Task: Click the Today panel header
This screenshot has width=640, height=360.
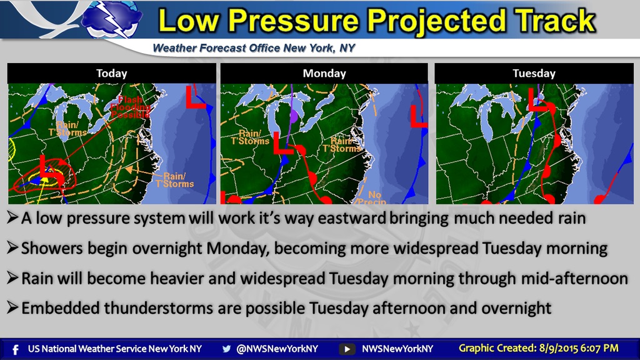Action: coord(111,73)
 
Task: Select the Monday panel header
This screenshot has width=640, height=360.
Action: coord(324,73)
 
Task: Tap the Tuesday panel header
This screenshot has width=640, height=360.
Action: coord(534,73)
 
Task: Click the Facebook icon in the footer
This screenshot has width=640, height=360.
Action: coord(16,349)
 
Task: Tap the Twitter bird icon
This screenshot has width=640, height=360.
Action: coord(226,349)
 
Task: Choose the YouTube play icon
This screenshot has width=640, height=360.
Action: coord(347,349)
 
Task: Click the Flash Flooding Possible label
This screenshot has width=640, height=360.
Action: coord(130,107)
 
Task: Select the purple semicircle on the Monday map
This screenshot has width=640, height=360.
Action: coord(294,116)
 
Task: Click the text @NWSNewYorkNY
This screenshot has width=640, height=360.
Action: coord(277,349)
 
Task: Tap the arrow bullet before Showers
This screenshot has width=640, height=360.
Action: coord(12,247)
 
